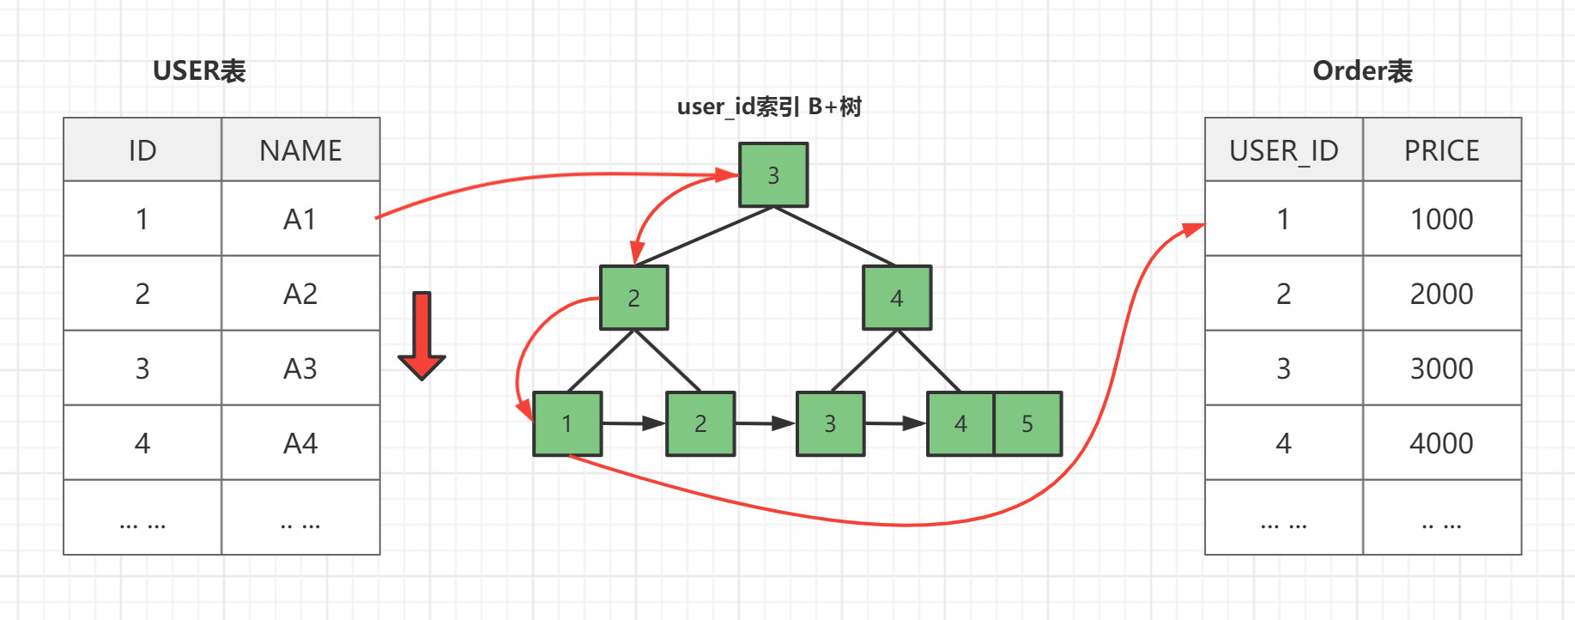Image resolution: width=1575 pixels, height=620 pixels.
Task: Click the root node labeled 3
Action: [773, 175]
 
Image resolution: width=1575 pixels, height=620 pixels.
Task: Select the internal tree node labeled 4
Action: [897, 298]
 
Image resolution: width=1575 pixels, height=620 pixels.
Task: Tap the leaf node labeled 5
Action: [1027, 423]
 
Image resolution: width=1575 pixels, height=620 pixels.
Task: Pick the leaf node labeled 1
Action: [567, 423]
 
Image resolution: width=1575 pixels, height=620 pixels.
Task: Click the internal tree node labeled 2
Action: [634, 298]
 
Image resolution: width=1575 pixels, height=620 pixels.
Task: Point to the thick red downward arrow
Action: [421, 335]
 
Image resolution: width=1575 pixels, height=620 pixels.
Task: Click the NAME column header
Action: [300, 150]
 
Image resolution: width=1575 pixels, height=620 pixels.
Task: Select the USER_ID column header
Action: [1283, 150]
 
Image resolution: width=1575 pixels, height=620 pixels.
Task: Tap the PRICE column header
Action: [1442, 150]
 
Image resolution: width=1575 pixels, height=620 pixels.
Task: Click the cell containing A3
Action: [300, 368]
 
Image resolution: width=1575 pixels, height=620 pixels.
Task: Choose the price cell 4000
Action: [1442, 443]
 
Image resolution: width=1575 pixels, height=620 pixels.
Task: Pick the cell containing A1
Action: [300, 219]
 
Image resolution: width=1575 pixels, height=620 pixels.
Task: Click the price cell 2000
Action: [1442, 294]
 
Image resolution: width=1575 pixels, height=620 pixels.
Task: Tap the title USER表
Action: [199, 70]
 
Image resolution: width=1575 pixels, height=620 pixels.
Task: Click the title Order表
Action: [1362, 70]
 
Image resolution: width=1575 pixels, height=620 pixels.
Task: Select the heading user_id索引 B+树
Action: [769, 106]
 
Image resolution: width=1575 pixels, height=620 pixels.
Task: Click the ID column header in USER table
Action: [142, 150]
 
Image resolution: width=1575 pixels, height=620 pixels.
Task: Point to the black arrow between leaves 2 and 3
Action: [766, 423]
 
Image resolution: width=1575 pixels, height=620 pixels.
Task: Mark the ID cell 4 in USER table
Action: [142, 443]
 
